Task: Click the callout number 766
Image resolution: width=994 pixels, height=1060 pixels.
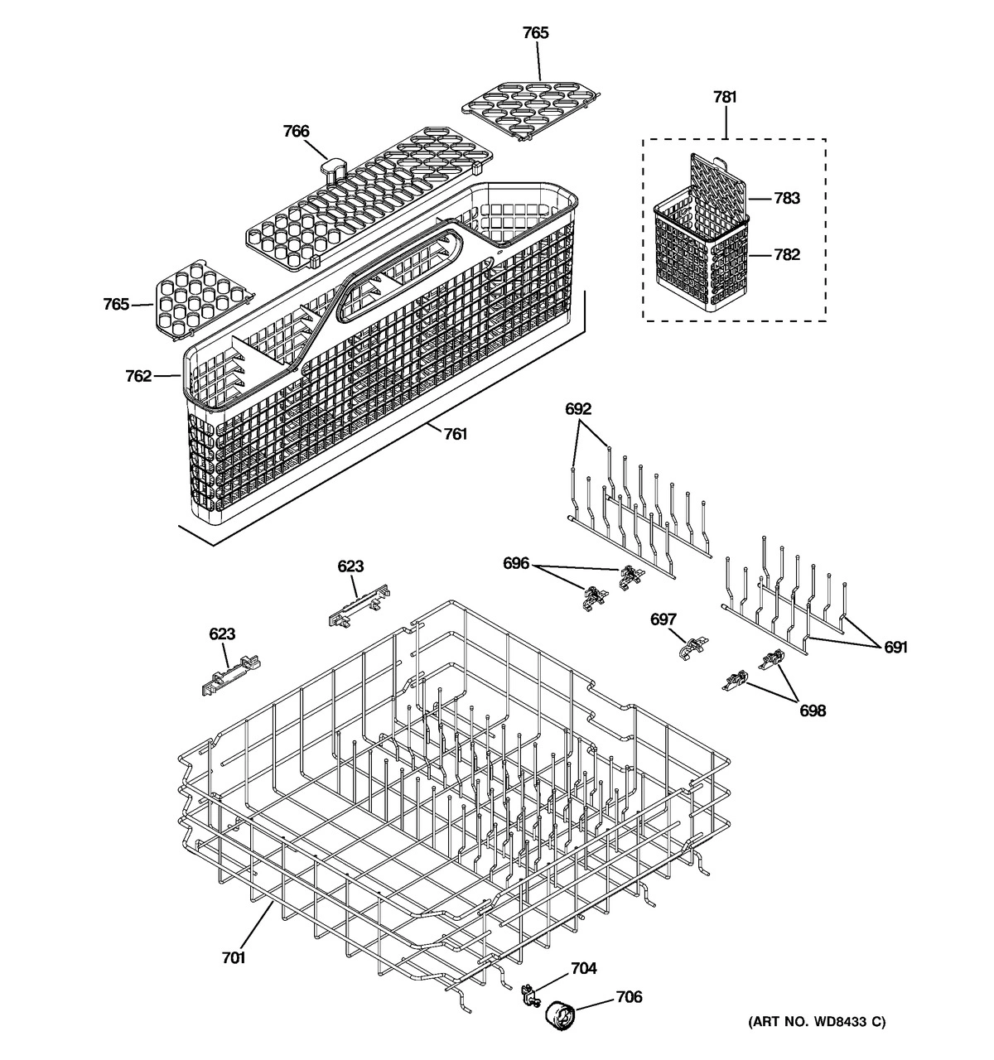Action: (296, 131)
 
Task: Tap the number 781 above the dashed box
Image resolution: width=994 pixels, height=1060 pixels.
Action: (724, 97)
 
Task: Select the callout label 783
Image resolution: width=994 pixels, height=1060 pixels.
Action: (787, 198)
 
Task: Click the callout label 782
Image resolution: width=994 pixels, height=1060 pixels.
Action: (787, 254)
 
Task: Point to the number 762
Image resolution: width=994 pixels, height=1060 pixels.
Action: (138, 376)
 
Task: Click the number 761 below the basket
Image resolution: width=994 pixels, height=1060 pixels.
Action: (455, 434)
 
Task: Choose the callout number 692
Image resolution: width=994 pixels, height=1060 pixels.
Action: (578, 408)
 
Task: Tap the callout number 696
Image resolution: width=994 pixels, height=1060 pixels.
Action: (516, 563)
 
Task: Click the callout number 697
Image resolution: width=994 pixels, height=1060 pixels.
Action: (663, 619)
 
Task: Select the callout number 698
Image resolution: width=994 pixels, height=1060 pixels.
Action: (812, 710)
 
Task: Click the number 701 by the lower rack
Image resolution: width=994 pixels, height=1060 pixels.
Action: (234, 957)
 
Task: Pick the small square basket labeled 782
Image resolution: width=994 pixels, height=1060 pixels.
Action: (700, 257)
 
